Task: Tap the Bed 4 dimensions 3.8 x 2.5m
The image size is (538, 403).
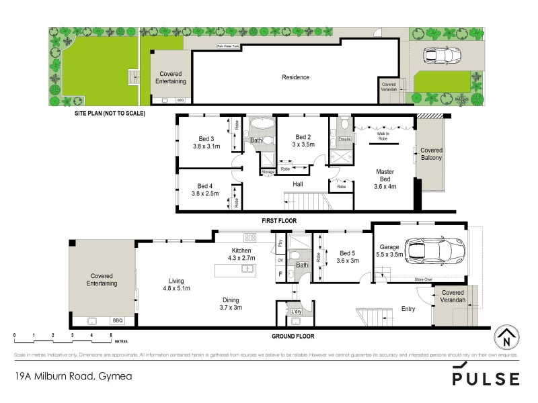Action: pyautogui.click(x=206, y=194)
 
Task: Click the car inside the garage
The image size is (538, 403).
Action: pyautogui.click(x=430, y=251)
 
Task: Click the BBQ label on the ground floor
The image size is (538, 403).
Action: pyautogui.click(x=118, y=321)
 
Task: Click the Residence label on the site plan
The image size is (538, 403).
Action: pyautogui.click(x=295, y=77)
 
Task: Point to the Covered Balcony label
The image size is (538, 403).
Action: pyautogui.click(x=431, y=154)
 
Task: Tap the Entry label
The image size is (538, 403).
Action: pyautogui.click(x=408, y=310)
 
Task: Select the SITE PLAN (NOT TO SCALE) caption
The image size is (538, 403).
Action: pyautogui.click(x=110, y=114)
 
